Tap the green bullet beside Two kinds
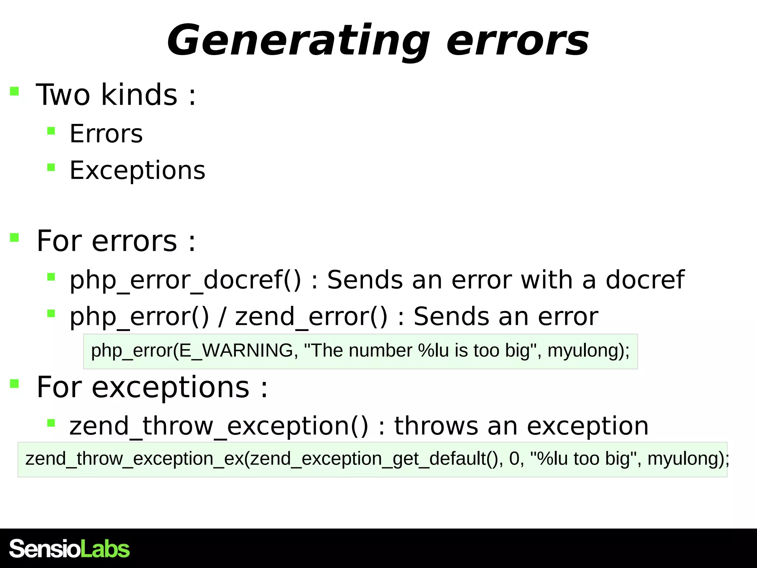pyautogui.click(x=14, y=91)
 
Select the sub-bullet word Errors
pyautogui.click(x=106, y=133)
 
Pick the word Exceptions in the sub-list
pyautogui.click(x=137, y=170)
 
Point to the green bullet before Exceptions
pyautogui.click(x=51, y=168)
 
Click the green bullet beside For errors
pyautogui.click(x=14, y=237)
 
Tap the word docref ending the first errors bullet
pyautogui.click(x=645, y=280)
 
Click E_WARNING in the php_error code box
pyautogui.click(x=236, y=351)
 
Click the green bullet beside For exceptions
pyautogui.click(x=14, y=383)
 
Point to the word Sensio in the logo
pyautogui.click(x=44, y=549)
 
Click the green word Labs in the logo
pyautogui.click(x=105, y=549)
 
